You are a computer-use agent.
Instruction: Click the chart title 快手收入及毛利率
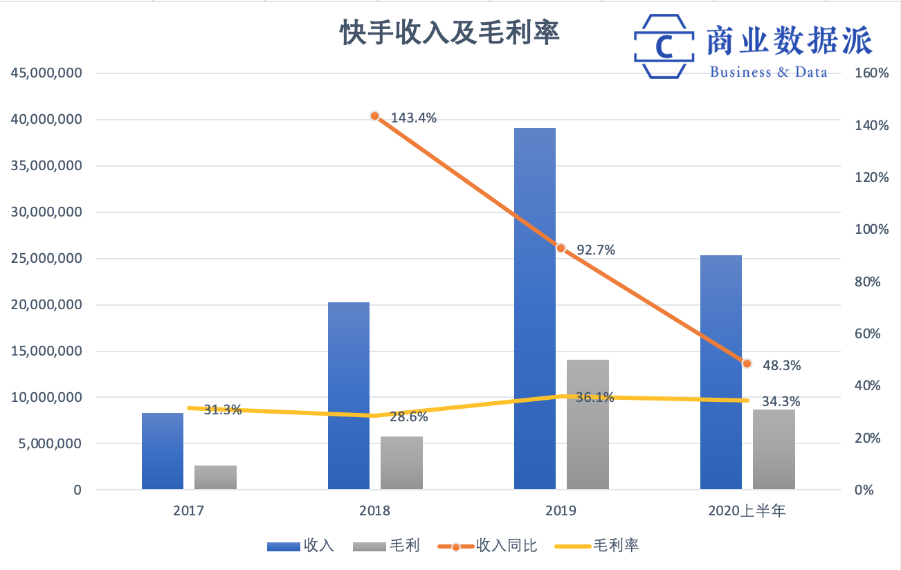pyautogui.click(x=449, y=33)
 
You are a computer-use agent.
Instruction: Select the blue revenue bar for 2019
pyautogui.click(x=534, y=309)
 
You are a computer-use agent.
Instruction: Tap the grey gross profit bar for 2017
pyautogui.click(x=215, y=477)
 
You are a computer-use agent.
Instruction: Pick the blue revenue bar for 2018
pyautogui.click(x=348, y=396)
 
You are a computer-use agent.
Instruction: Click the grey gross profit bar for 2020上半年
pyautogui.click(x=774, y=450)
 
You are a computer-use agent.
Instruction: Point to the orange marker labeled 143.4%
pyautogui.click(x=374, y=116)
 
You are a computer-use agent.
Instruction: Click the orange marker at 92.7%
pyautogui.click(x=561, y=248)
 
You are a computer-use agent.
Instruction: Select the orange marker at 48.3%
pyautogui.click(x=747, y=363)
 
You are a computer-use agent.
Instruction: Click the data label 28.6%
pyautogui.click(x=408, y=417)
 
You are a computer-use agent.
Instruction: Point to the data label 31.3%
pyautogui.click(x=222, y=410)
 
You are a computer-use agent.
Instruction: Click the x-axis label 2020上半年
pyautogui.click(x=747, y=512)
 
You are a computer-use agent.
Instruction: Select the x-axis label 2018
pyautogui.click(x=374, y=512)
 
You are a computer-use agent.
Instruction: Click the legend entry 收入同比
pyautogui.click(x=507, y=546)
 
